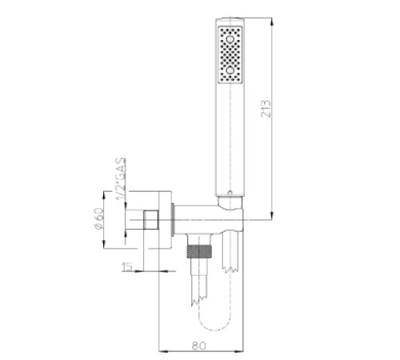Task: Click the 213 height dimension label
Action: point(266,109)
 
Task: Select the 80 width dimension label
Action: point(199,346)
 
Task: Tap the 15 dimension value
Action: point(127,266)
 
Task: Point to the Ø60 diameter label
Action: point(98,218)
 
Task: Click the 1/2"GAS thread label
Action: point(121,178)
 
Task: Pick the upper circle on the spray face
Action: point(230,39)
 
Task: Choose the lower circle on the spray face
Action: point(230,70)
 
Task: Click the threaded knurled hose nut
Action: point(199,251)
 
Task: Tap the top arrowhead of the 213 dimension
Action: point(272,22)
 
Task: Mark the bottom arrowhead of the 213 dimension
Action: point(272,216)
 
